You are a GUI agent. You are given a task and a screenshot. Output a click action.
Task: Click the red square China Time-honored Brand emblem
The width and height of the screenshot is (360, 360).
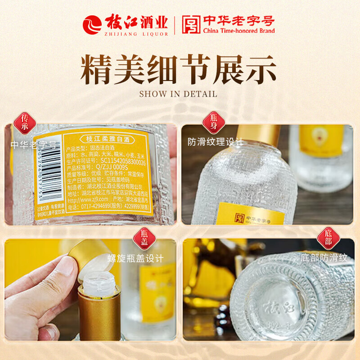point(191,25)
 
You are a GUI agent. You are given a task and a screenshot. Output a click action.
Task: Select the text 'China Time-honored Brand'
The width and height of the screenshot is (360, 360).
point(238,31)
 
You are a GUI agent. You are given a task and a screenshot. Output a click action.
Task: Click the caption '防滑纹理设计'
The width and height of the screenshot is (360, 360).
point(216,142)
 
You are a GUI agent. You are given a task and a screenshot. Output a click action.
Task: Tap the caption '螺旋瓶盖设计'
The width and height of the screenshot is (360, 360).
point(135,258)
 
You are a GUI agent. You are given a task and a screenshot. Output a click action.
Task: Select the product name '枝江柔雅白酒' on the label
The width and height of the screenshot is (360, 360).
point(105,139)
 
